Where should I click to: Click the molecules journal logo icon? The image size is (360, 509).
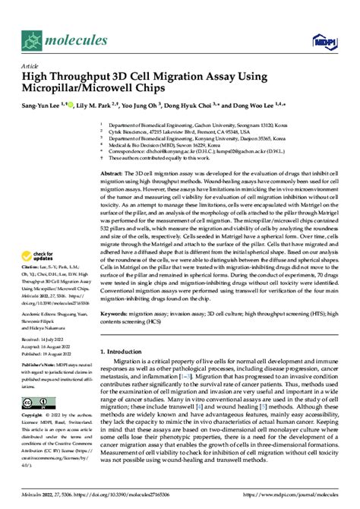(31, 35)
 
